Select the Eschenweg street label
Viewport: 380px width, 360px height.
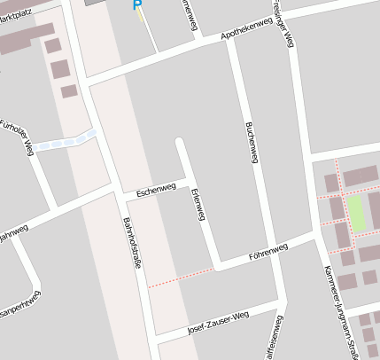pyautogui.click(x=156, y=190)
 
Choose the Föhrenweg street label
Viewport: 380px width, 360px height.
pyautogui.click(x=268, y=251)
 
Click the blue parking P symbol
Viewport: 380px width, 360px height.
pyautogui.click(x=136, y=5)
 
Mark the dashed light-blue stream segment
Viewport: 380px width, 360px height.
pyautogui.click(x=67, y=139)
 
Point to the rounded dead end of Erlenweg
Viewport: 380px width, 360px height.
pyautogui.click(x=180, y=142)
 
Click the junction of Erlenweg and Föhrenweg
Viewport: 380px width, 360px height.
pyautogui.click(x=215, y=264)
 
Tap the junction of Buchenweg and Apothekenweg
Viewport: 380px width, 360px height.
pyautogui.click(x=232, y=40)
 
